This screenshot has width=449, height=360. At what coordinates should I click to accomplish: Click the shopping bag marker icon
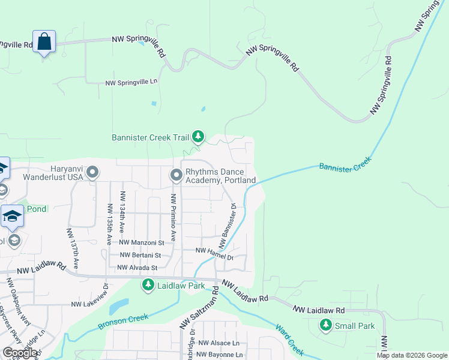click(44, 41)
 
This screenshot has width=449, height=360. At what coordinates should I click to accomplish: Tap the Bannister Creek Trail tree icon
click(199, 137)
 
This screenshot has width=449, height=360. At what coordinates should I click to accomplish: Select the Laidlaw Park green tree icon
click(148, 285)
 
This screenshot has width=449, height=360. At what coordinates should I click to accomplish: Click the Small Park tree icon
click(326, 326)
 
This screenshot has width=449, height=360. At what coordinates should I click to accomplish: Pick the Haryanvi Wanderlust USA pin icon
click(92, 173)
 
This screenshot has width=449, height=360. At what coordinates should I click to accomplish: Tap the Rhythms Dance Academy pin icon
click(176, 175)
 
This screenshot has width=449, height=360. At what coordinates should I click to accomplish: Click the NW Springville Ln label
click(131, 83)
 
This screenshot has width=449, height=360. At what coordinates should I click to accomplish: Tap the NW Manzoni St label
click(142, 242)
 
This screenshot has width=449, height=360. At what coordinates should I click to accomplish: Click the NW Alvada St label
click(137, 268)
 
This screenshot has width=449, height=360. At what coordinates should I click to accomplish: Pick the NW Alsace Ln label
click(218, 343)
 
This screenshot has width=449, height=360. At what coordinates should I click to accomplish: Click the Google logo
click(20, 352)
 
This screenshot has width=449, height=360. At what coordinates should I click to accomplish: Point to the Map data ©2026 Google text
click(411, 355)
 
